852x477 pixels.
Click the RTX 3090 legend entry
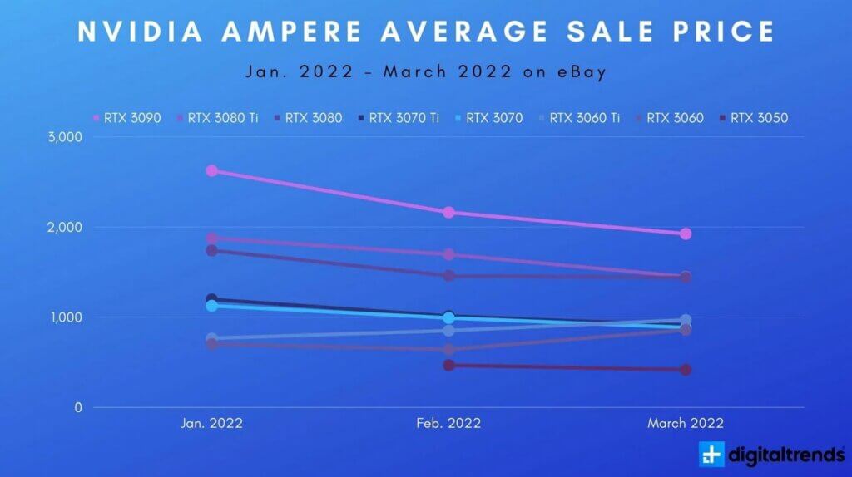(126, 118)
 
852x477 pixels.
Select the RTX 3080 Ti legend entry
(217, 118)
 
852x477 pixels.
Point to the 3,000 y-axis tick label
(65, 137)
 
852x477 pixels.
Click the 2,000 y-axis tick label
(65, 227)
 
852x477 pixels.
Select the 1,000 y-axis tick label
(65, 317)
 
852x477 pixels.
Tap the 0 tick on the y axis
(77, 407)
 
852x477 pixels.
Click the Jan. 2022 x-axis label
(211, 423)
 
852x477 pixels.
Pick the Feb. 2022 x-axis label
(448, 423)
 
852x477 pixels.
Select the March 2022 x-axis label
(686, 423)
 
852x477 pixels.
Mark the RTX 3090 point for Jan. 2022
(211, 170)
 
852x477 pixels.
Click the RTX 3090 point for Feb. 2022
(448, 212)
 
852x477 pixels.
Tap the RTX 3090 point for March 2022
(686, 234)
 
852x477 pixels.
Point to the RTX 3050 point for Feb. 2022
(448, 365)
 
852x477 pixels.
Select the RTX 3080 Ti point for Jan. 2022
(211, 238)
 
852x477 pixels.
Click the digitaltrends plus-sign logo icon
(712, 455)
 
